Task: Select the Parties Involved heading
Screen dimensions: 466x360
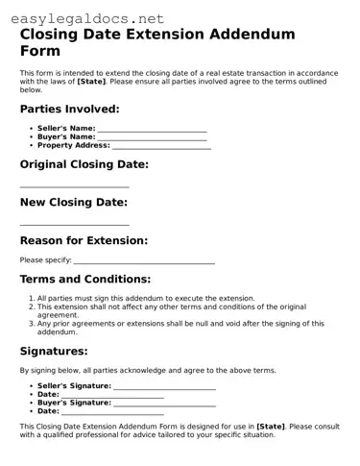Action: (70, 110)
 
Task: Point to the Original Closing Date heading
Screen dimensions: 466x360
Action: (84, 164)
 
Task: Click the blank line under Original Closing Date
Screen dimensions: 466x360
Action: (74, 186)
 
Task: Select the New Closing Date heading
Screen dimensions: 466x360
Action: (73, 203)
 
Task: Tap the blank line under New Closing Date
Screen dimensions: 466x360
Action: (74, 225)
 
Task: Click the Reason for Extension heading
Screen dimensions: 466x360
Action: (84, 240)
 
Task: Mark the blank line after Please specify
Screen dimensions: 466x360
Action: (144, 261)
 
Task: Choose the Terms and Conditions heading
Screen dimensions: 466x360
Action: (85, 280)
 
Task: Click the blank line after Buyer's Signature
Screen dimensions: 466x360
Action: (163, 404)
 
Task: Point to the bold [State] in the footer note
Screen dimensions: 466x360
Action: (271, 426)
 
